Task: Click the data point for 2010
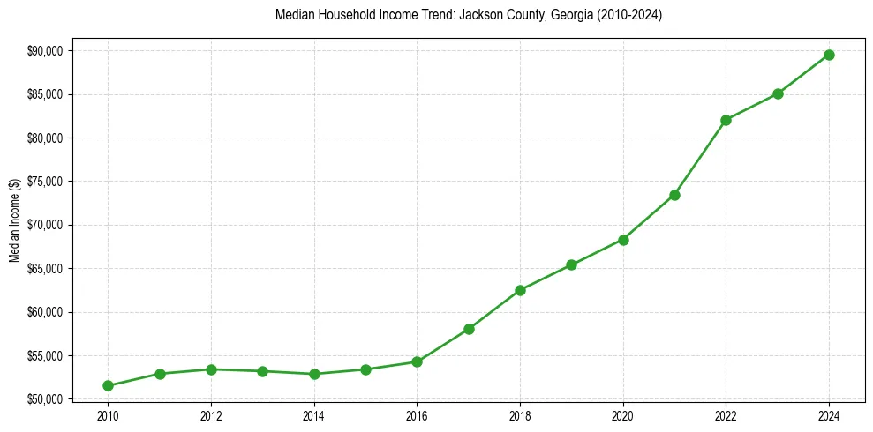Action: [108, 385]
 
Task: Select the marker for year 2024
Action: [829, 55]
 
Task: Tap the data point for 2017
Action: [469, 329]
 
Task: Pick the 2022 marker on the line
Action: [726, 120]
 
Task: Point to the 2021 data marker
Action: [674, 195]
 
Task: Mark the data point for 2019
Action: [571, 264]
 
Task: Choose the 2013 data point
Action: [262, 371]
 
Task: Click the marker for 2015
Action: [365, 369]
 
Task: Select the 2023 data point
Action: [778, 93]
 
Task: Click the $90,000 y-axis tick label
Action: [45, 51]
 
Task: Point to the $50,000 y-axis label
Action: [45, 399]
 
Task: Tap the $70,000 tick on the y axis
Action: [45, 225]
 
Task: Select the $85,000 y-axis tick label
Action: [45, 94]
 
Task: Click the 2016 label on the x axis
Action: [417, 415]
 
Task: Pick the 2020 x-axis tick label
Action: [623, 415]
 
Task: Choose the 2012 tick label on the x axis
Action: [211, 415]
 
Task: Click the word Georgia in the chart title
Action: [569, 16]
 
